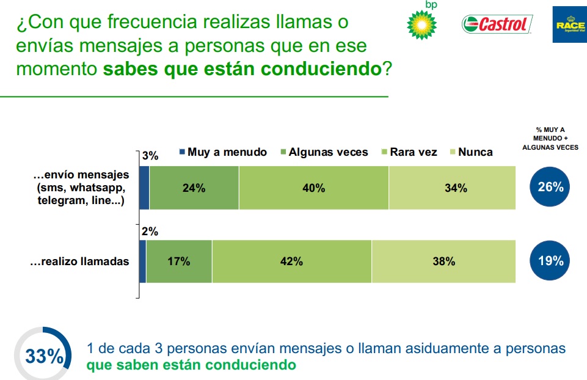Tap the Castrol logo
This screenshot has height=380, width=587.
pos(497,24)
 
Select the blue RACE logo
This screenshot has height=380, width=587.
pos(569,24)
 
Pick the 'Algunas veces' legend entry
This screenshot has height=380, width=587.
pos(324,152)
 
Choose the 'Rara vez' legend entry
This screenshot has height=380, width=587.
pos(409,152)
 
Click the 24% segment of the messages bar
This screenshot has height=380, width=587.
pos(194,188)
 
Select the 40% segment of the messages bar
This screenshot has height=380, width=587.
pos(313,188)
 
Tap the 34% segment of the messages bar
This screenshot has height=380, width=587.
pos(452,188)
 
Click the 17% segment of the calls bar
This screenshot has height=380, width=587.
pos(179,261)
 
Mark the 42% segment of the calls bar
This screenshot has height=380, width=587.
pos(291,261)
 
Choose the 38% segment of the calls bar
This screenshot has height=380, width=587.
pos(443,261)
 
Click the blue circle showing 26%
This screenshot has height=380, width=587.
pos(550,187)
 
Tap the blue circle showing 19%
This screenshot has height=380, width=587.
pos(550,261)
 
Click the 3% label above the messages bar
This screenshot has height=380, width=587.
pos(150,156)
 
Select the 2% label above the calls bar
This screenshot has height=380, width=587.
pos(150,231)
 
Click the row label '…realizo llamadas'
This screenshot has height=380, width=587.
pos(79,261)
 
